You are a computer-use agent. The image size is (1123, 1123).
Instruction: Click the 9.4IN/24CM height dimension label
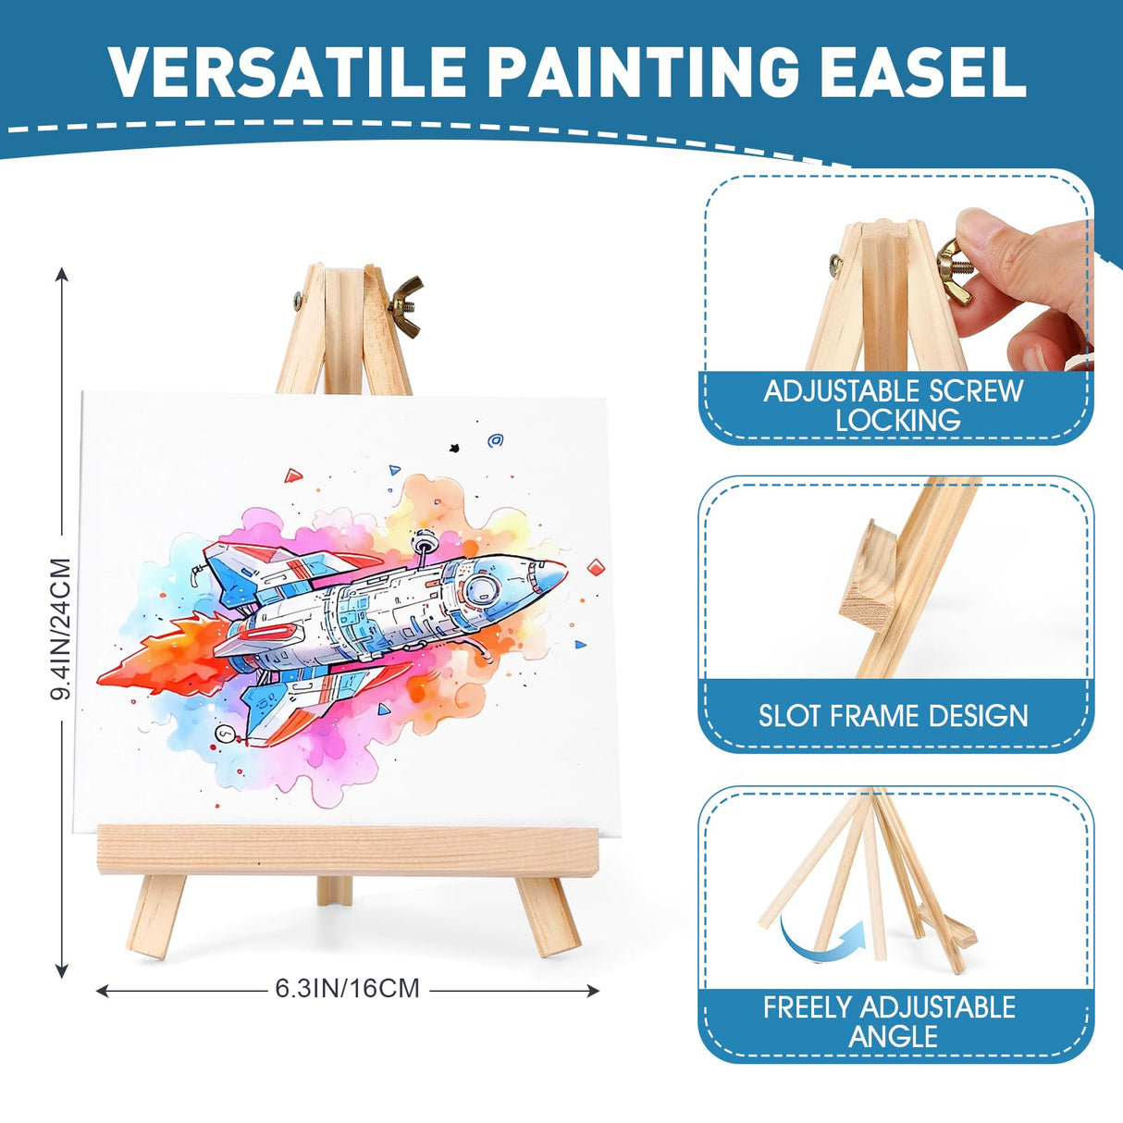tap(61, 629)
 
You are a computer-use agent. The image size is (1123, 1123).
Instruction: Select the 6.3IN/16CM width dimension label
tap(348, 988)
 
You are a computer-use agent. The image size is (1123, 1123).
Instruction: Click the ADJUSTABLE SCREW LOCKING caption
tap(894, 405)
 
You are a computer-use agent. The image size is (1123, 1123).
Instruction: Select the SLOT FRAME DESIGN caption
tap(894, 715)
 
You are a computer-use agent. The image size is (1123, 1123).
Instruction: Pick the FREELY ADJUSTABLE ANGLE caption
tap(890, 1021)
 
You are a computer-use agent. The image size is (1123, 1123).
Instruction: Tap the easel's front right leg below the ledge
tap(548, 916)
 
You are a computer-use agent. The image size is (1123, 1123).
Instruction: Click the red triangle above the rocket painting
tap(293, 475)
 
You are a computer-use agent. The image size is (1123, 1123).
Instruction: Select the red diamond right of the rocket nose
tap(595, 565)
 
